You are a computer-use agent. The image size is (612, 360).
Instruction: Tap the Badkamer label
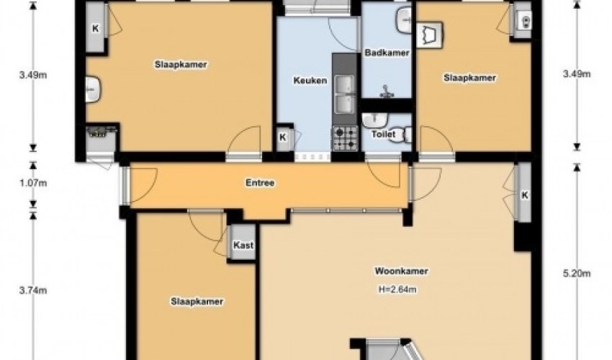(387, 53)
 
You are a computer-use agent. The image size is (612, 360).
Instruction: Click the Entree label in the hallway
(260, 183)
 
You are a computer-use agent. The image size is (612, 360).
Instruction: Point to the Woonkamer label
(402, 271)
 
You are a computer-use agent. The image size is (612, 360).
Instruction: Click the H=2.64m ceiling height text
(398, 289)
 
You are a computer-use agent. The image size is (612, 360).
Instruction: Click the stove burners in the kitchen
(344, 137)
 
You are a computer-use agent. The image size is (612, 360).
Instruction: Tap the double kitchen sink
(344, 94)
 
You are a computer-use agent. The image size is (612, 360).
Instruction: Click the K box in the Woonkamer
(524, 196)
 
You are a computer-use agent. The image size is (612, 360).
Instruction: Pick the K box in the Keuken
(283, 137)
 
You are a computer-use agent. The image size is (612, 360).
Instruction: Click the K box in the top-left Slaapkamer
(95, 30)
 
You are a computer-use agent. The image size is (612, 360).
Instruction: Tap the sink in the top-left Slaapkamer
(94, 89)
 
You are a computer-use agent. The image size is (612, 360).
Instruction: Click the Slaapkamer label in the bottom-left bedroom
(197, 302)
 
